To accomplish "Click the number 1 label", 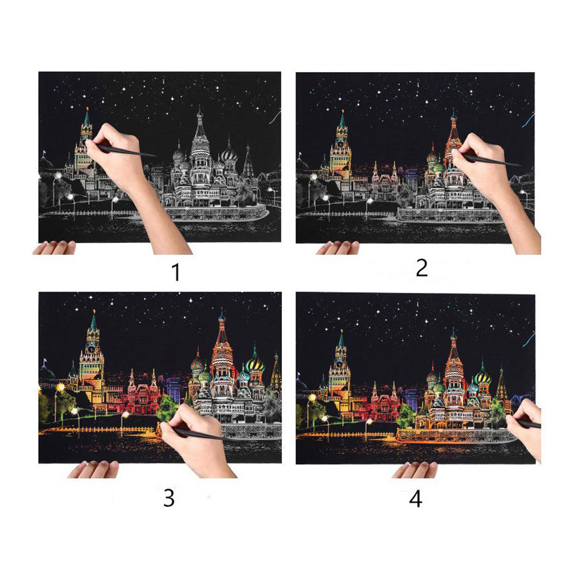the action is point(176,272).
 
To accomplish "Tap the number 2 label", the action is point(422,268).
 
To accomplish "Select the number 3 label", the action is point(169,498).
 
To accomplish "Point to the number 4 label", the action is point(416,500).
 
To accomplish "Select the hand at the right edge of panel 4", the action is point(526,429).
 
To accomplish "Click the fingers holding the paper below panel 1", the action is point(54,248).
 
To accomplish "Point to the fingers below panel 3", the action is point(93,469).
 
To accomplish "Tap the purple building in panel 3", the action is point(174,387).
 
